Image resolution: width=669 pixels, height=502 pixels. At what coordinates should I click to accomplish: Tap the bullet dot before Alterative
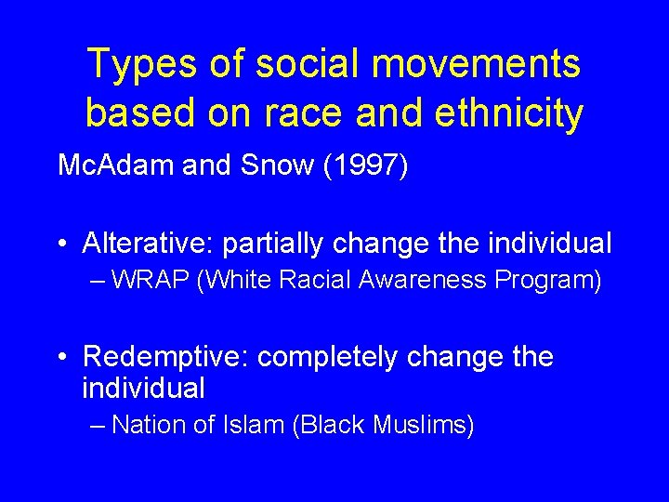[x=61, y=244]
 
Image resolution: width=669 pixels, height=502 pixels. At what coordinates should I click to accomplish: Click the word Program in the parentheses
[x=548, y=280]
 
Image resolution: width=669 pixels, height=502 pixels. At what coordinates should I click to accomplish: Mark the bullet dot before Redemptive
[x=61, y=358]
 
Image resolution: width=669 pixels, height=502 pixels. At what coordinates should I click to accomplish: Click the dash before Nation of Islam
[x=99, y=426]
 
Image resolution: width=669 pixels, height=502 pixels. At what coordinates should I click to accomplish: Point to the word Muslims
[x=422, y=425]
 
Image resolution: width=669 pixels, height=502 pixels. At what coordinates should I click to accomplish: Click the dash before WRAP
[x=99, y=281]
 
